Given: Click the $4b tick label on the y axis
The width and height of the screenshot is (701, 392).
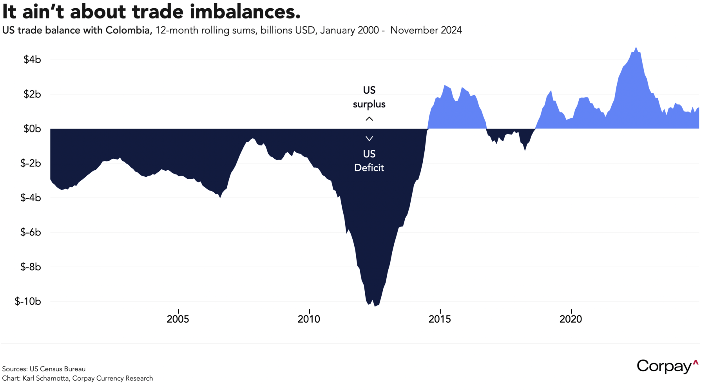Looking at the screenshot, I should (x=32, y=60).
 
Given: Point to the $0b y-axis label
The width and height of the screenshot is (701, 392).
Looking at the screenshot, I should (x=32, y=129).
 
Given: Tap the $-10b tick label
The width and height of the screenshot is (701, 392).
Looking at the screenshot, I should (x=28, y=301).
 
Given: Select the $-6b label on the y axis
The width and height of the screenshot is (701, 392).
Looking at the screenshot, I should (x=31, y=232).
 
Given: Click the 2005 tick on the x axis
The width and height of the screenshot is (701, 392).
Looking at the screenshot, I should (x=178, y=319).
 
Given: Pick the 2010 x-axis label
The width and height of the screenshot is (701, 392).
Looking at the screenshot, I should (x=309, y=319).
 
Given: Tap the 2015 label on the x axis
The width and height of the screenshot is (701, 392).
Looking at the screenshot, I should (x=440, y=319).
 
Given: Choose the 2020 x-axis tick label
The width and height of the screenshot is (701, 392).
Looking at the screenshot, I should (x=571, y=319).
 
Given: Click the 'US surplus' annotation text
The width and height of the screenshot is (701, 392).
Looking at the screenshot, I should (x=369, y=97).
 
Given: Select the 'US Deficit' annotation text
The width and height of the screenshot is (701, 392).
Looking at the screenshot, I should (x=369, y=161).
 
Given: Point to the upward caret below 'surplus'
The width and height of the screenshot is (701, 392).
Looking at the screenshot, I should (x=369, y=119).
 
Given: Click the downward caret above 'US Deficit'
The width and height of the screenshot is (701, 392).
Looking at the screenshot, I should (x=369, y=138).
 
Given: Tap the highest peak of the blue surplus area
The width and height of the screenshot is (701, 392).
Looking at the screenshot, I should (x=636, y=48).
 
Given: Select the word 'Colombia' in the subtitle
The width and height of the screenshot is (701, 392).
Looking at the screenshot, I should (x=129, y=30).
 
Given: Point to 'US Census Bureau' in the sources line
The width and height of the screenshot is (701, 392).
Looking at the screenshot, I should (x=57, y=369).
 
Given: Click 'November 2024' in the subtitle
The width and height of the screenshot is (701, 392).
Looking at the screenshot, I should (x=426, y=30).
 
